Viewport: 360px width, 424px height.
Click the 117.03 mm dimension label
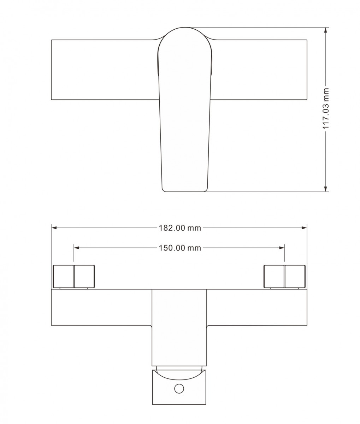[326, 108]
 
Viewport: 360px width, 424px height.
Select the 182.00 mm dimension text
[180, 228]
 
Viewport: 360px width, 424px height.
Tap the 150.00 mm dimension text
[180, 248]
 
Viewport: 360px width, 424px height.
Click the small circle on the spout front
[179, 388]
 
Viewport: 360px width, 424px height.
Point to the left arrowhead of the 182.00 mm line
[54, 228]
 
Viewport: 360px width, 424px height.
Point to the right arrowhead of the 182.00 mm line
[304, 228]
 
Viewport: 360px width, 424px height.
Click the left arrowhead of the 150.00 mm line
[77, 248]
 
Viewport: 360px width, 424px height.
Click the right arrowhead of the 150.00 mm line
[282, 248]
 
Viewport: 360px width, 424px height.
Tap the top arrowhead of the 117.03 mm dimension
[325, 30]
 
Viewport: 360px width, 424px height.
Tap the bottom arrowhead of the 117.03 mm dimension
[325, 189]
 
